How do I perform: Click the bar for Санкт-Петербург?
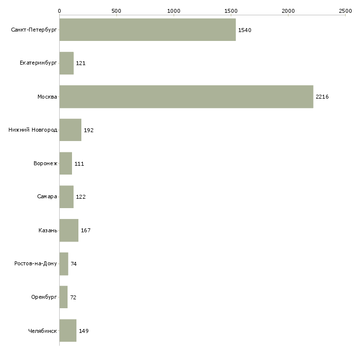[147, 30]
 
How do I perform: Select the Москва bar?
[186, 97]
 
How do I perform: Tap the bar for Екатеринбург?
[67, 63]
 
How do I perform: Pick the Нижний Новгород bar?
[71, 130]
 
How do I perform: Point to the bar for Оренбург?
[64, 297]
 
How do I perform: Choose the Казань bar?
[69, 230]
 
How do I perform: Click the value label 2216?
[322, 97]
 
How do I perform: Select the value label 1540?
[245, 30]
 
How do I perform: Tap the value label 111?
[79, 164]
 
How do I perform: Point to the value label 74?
[73, 264]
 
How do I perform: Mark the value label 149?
[84, 331]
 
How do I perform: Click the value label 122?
[81, 197]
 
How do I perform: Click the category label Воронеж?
[45, 163]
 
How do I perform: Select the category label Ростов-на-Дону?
[36, 263]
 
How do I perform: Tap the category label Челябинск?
[42, 331]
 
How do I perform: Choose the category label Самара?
[47, 197]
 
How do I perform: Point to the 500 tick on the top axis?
[117, 15]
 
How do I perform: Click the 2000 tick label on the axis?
[288, 11]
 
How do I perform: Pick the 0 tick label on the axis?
[60, 11]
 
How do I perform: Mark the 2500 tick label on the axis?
[345, 11]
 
